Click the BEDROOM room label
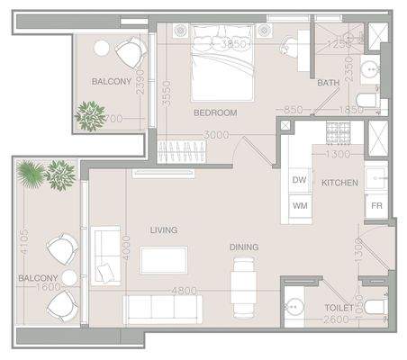point(215,112)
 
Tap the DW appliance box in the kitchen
point(301,179)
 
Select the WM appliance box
point(301,206)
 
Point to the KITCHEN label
point(339,183)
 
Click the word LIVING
point(164,230)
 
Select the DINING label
point(243,247)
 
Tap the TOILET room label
point(339,307)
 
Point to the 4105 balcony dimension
point(24,240)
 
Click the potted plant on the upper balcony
point(90,114)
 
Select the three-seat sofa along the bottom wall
point(162,309)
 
